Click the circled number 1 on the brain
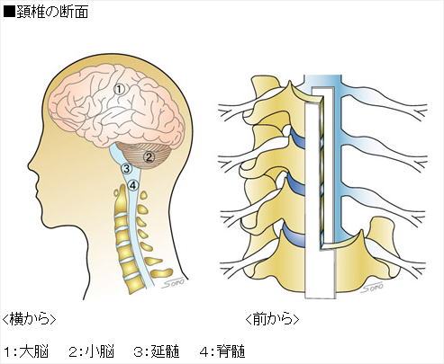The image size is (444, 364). (x=120, y=89)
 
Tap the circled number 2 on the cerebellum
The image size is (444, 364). (x=149, y=156)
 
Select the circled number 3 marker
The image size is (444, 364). (x=126, y=169)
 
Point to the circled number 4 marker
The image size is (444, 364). (x=133, y=185)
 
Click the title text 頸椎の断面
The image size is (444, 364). (x=53, y=13)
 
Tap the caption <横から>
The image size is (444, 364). (x=29, y=319)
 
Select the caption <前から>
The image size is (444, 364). (x=272, y=319)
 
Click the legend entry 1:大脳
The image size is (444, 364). (x=26, y=351)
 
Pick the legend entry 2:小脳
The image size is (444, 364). (x=92, y=351)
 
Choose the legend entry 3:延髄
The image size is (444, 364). (x=157, y=351)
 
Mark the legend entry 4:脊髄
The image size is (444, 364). (x=222, y=351)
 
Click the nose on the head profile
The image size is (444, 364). (x=32, y=167)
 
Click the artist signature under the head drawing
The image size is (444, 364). (x=173, y=283)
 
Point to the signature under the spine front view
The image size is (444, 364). (x=372, y=288)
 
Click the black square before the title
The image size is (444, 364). (x=9, y=13)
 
